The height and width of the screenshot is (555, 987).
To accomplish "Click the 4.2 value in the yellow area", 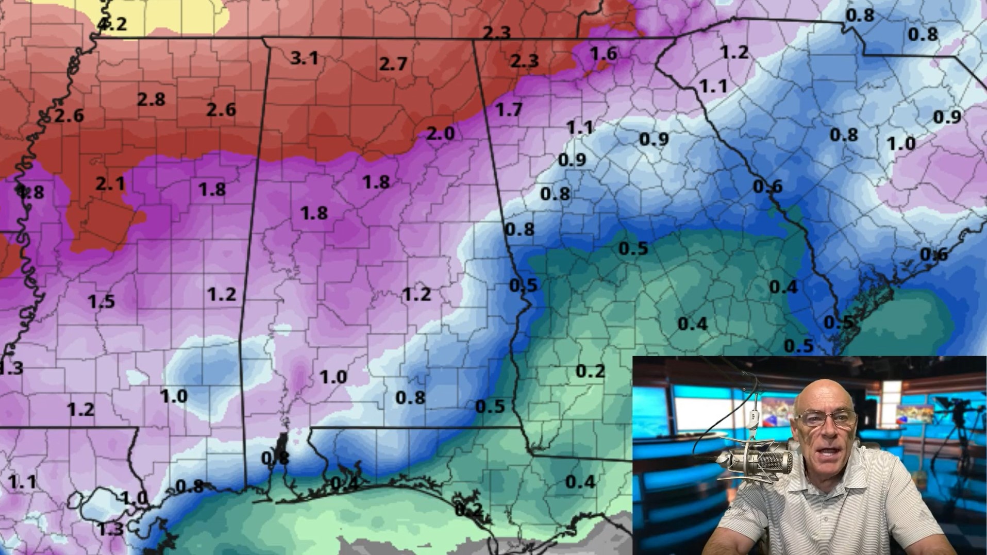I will tap(112, 24).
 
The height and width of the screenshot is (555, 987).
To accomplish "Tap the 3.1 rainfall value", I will tap(304, 58).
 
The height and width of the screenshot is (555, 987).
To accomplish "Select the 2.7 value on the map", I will tap(393, 64).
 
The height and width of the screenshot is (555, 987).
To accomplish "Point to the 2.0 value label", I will tap(441, 133).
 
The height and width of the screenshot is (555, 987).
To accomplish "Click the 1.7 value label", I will tap(509, 109).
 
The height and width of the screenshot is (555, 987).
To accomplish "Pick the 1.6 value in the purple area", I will tap(603, 53).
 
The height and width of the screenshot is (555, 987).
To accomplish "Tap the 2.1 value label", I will tap(110, 183).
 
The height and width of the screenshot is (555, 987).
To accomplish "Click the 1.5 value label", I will tap(101, 301).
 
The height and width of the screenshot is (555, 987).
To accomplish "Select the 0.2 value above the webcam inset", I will tap(590, 371).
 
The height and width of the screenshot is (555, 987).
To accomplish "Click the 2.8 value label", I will tap(151, 99).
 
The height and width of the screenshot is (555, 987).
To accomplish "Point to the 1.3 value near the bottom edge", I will tap(111, 529).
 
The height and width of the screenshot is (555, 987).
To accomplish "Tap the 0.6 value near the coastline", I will tap(933, 254).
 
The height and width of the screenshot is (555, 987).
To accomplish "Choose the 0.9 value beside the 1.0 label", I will tap(947, 117).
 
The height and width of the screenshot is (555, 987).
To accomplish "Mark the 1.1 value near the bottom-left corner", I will tap(22, 482).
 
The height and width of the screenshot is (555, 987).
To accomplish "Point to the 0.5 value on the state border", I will tap(523, 285).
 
